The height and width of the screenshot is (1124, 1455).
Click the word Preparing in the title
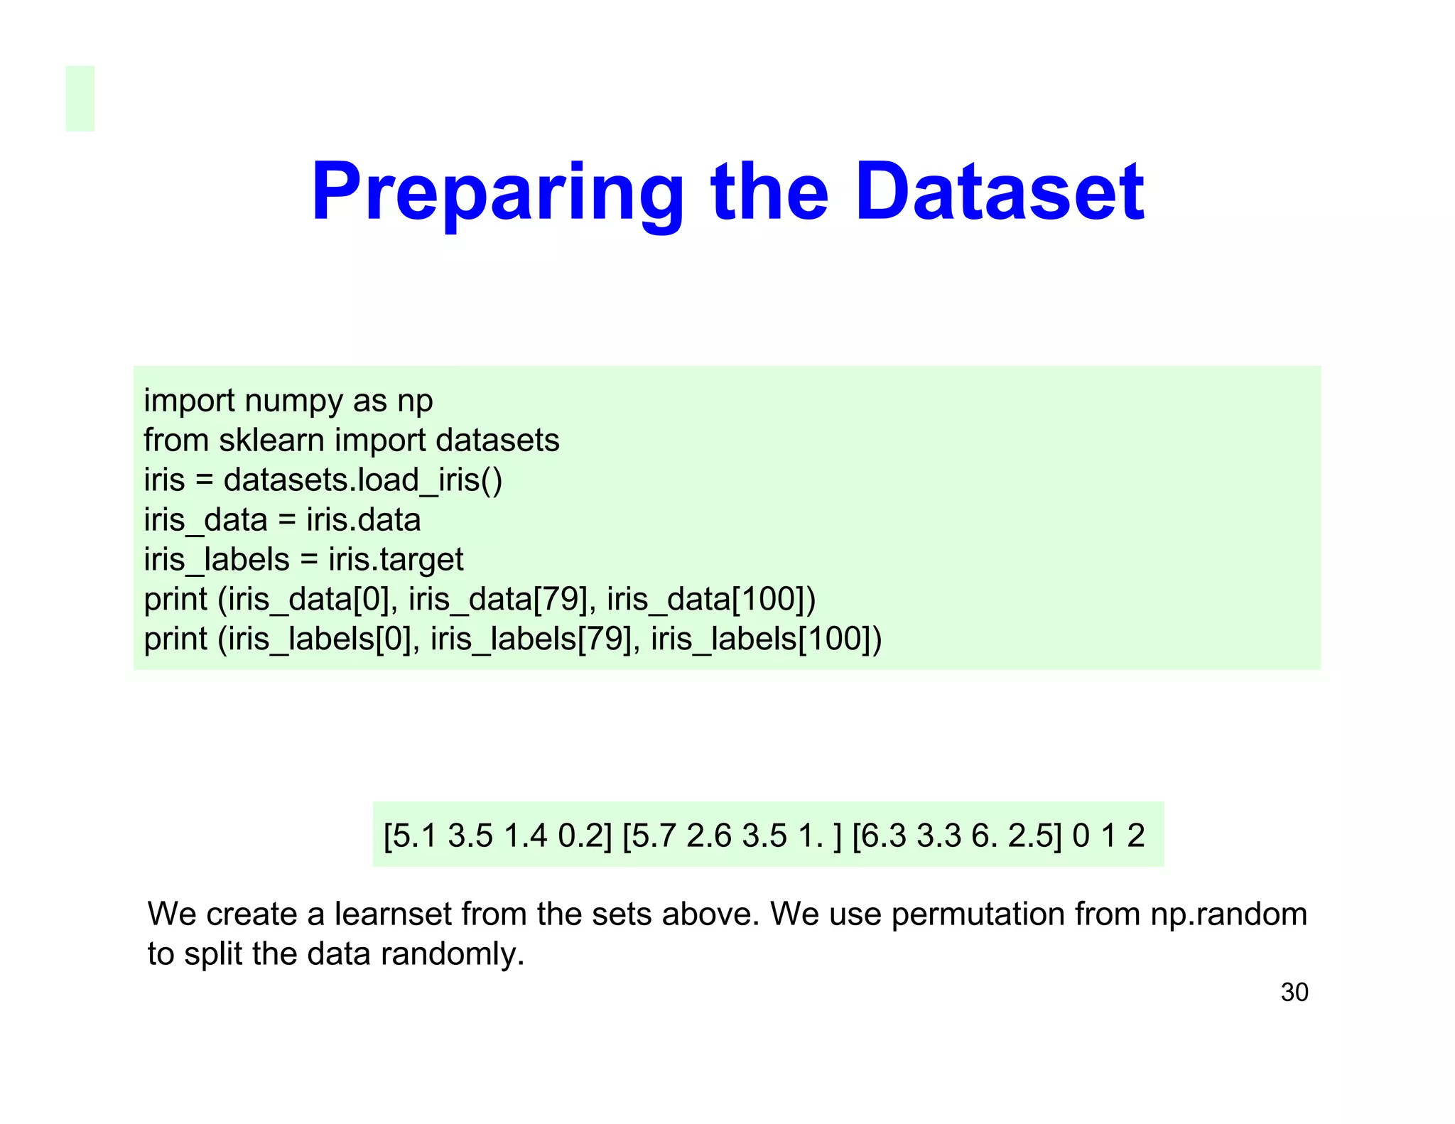pos(497,193)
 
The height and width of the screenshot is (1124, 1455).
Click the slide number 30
pos(1294,992)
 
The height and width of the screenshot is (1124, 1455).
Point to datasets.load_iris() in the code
pos(362,480)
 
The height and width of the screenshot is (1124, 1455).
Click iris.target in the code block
pos(395,560)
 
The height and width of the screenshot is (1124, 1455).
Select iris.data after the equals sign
pos(363,520)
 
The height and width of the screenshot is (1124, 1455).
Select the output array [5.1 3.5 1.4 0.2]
pos(497,836)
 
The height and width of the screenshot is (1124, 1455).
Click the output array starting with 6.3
pos(956,836)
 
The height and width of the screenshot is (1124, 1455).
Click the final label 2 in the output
pos(1136,836)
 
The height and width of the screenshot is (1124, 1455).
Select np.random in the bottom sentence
pos(1228,914)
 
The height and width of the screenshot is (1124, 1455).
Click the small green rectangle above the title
pos(80,99)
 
